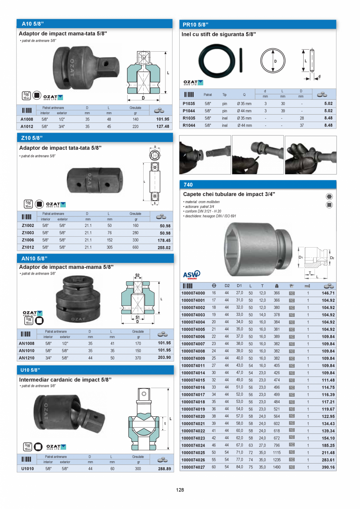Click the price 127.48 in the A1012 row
[162, 127]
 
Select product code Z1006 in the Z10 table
[28, 240]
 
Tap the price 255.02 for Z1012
[163, 248]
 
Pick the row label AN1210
[27, 358]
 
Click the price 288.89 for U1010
[164, 469]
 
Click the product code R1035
[189, 118]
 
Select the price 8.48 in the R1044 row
[328, 125]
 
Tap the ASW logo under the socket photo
[191, 274]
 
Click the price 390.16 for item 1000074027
[328, 467]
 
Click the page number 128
[180, 490]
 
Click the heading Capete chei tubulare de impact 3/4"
[229, 194]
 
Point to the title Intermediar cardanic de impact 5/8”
[65, 380]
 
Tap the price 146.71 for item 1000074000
[328, 293]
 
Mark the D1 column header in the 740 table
[239, 286]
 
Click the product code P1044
[189, 111]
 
